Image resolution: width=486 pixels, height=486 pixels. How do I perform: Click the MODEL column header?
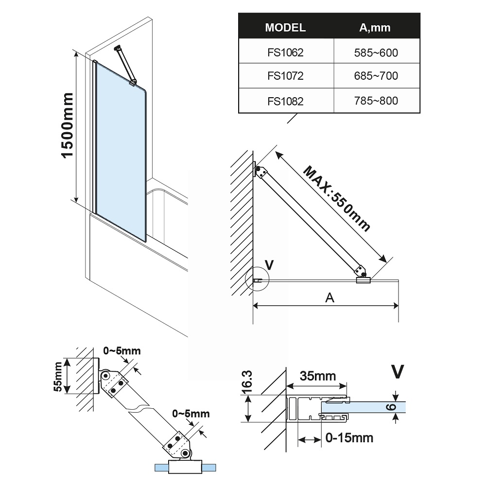click(285, 27)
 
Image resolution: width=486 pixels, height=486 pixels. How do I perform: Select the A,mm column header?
click(375, 27)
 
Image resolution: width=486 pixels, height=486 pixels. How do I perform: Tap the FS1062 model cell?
click(285, 52)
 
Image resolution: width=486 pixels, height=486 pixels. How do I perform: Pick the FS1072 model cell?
click(285, 76)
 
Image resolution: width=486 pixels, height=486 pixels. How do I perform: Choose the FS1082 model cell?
click(285, 101)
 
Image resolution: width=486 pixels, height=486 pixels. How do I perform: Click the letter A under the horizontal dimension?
click(330, 298)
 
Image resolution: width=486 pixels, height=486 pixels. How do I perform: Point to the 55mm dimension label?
click(58, 377)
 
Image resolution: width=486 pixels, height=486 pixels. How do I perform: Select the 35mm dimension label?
click(318, 376)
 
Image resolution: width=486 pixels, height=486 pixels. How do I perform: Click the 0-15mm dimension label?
click(349, 438)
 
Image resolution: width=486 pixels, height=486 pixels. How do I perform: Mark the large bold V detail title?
click(398, 371)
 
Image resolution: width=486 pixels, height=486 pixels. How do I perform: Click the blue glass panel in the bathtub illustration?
click(120, 146)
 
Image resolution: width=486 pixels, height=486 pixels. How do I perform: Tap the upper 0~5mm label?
click(122, 350)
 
